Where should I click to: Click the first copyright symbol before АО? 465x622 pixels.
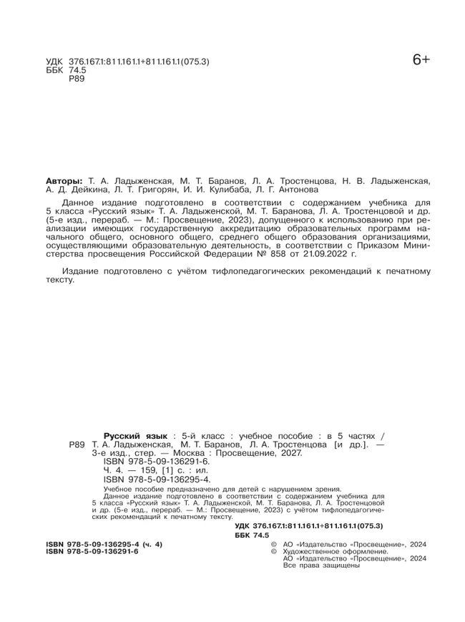click(273, 545)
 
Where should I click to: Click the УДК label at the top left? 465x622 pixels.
click(54, 62)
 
